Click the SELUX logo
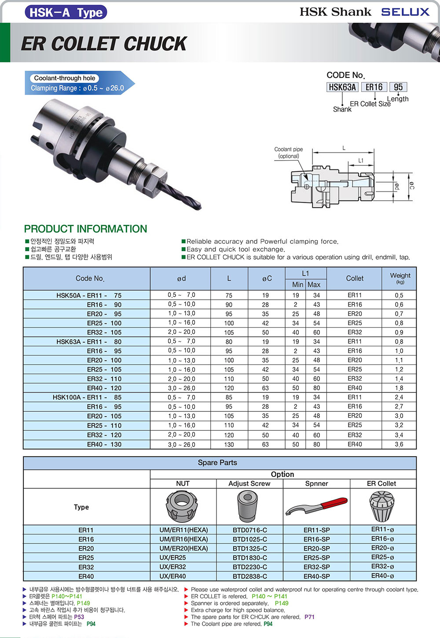click(x=405, y=12)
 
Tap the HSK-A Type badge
click(x=66, y=12)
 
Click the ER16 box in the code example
click(x=374, y=87)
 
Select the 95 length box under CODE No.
click(x=398, y=87)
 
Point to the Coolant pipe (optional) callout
click(x=289, y=153)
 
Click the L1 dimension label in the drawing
click(x=361, y=161)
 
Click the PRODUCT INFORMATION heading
click(x=85, y=229)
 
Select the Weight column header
click(x=400, y=278)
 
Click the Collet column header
click(x=355, y=278)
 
